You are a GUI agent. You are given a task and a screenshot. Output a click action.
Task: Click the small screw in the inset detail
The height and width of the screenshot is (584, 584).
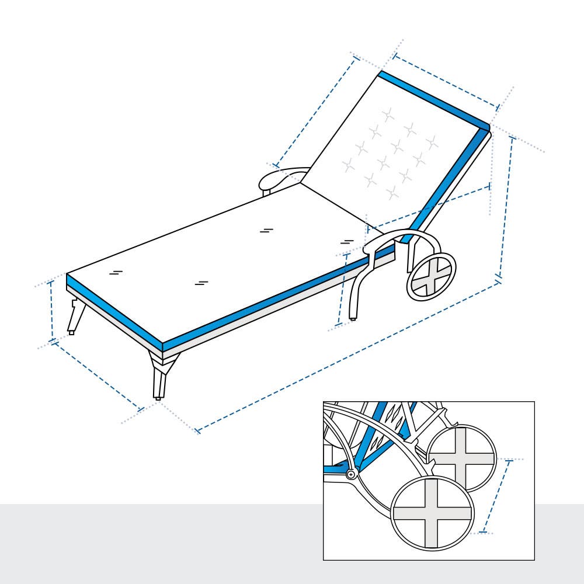(350, 475)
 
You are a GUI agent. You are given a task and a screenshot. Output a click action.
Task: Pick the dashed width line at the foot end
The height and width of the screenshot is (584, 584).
(97, 374)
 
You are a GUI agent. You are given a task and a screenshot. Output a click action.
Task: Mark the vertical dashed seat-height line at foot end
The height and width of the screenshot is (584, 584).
(52, 310)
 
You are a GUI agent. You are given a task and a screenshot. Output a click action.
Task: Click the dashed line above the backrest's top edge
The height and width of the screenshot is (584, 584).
(447, 82)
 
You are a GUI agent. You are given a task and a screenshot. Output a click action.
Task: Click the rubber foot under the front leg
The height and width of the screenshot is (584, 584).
(158, 398)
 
